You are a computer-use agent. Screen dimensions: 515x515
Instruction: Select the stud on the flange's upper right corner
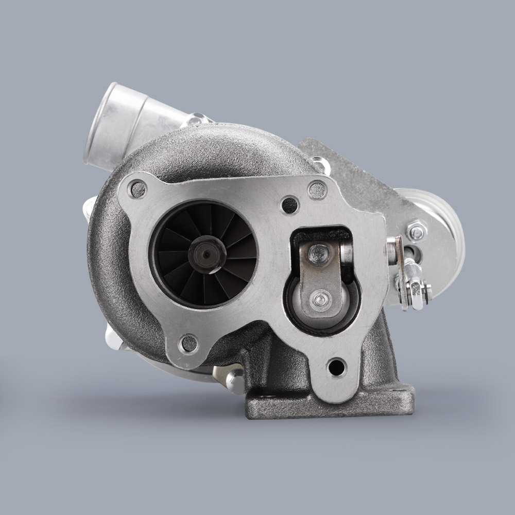[x=317, y=191]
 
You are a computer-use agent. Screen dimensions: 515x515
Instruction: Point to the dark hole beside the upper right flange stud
[x=290, y=205]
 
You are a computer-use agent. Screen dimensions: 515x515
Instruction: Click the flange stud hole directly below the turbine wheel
[x=189, y=343]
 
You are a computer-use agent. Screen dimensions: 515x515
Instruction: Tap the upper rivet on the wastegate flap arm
[x=319, y=252]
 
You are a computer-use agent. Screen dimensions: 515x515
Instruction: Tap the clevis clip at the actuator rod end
[x=415, y=288]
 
